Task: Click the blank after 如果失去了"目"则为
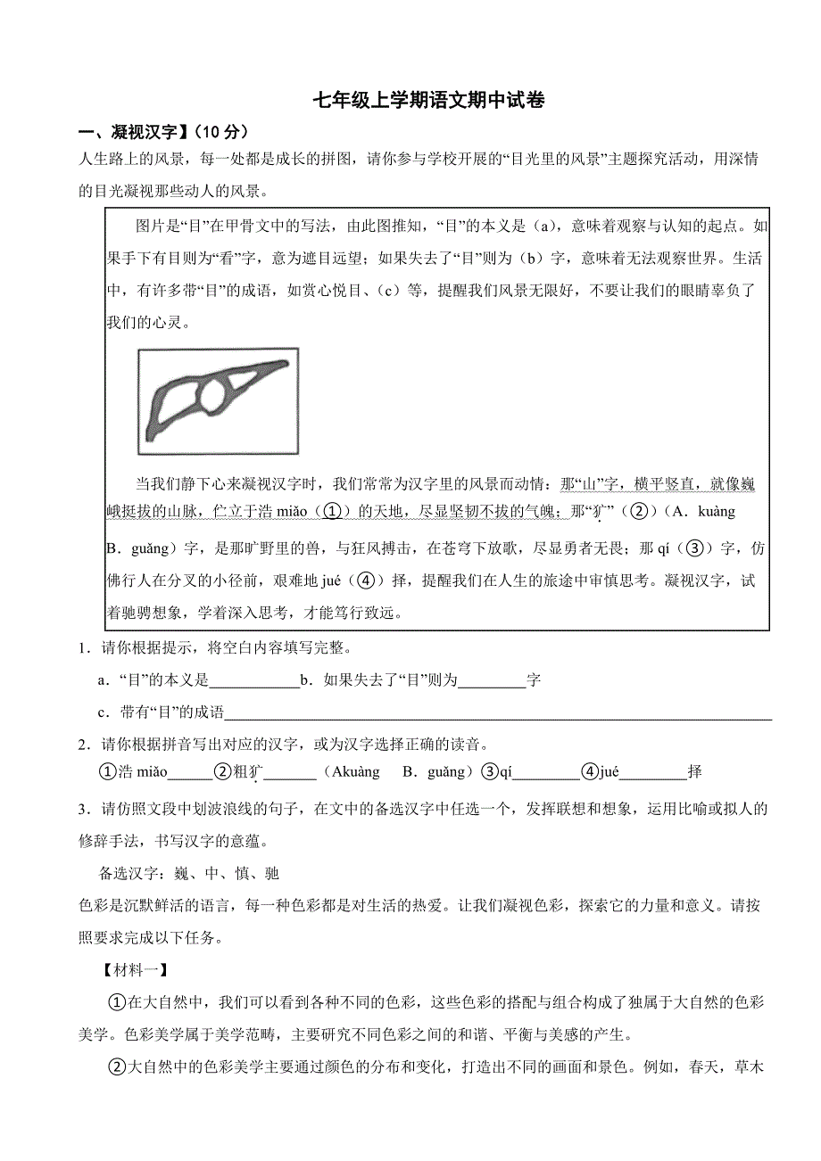pos(492,681)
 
